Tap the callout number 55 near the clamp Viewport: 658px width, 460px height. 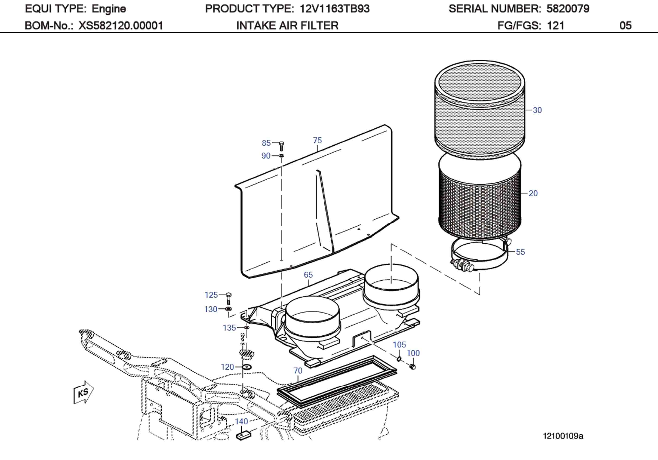point(520,252)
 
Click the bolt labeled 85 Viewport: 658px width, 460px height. point(281,146)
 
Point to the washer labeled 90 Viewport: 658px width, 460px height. point(281,156)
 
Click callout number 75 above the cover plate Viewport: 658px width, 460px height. point(317,141)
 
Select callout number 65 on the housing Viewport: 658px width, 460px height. point(308,275)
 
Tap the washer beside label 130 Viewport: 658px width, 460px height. point(228,309)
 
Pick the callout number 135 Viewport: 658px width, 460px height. point(229,328)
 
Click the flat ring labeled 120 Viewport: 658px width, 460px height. point(246,367)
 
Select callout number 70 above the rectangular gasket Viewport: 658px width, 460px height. point(298,371)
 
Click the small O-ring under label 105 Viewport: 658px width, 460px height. point(399,359)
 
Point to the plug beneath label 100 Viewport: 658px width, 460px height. point(413,367)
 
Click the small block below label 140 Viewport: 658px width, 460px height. point(243,436)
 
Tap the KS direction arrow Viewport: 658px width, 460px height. point(83,392)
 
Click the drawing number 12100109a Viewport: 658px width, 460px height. point(563,436)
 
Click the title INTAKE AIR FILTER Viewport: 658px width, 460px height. point(287,25)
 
